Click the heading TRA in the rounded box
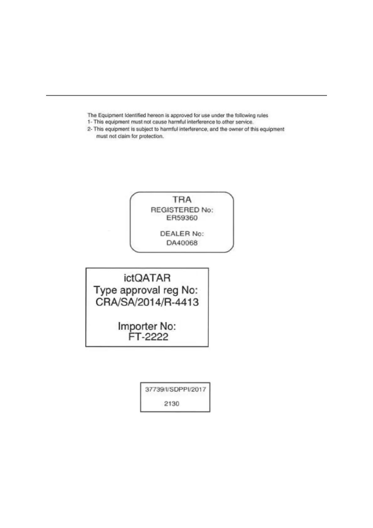tap(182, 200)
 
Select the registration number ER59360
tap(182, 218)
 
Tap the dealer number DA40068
tap(182, 243)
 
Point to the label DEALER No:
tap(182, 234)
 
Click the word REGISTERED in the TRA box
tap(175, 210)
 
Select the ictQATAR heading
tap(147, 278)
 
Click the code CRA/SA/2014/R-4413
tap(147, 302)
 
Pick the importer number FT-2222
tap(148, 337)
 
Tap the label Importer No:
tap(147, 326)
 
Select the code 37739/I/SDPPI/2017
tap(175, 389)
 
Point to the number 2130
tap(171, 404)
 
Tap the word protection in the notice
tap(151, 136)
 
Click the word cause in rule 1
tap(160, 122)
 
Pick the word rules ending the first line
tap(262, 115)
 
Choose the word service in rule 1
tap(244, 122)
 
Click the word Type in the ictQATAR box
tap(105, 290)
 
